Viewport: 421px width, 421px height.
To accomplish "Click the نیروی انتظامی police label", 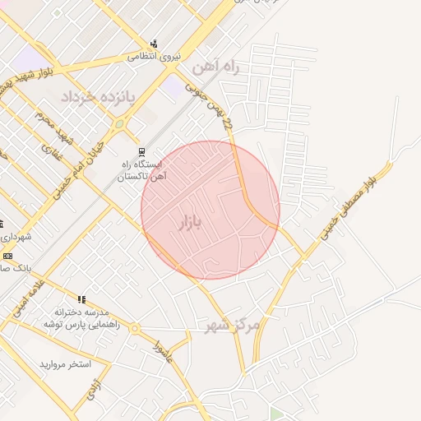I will point(154,58).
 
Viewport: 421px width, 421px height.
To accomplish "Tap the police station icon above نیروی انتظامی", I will point(154,44).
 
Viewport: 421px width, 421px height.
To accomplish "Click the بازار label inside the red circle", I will point(189,224).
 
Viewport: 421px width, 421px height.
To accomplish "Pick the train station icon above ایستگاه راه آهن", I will point(142,152).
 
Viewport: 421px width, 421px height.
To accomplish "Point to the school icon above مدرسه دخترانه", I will point(81,299).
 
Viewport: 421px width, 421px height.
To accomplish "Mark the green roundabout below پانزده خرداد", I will point(119,124).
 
